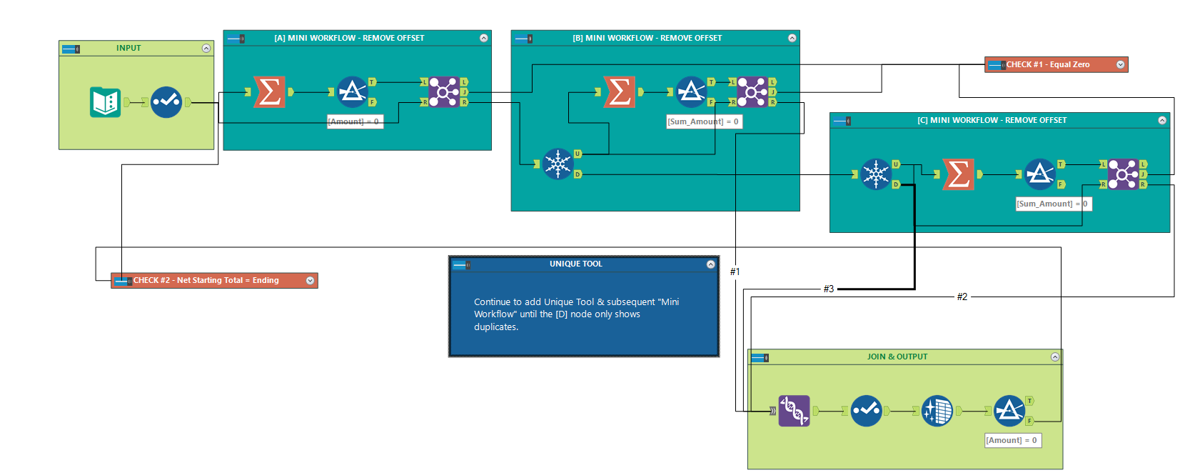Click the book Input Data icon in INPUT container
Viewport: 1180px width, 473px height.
[105, 102]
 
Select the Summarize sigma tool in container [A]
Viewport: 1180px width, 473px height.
[270, 92]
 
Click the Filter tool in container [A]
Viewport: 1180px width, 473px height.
[352, 92]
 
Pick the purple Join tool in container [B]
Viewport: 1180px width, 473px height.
[752, 92]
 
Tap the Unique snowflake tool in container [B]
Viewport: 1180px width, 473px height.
[558, 164]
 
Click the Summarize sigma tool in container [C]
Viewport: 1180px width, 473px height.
[958, 174]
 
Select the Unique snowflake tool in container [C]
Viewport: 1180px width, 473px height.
[876, 174]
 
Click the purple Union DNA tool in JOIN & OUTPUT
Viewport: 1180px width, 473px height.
[794, 411]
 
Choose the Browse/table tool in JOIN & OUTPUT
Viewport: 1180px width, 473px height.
[937, 411]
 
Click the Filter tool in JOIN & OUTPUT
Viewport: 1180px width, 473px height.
[1009, 411]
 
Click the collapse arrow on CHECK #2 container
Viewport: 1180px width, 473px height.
[311, 281]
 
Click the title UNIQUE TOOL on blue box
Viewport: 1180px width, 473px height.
[575, 264]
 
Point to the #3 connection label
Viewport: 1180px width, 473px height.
[828, 289]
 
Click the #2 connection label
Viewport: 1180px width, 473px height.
[962, 297]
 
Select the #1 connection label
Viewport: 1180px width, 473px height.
[735, 272]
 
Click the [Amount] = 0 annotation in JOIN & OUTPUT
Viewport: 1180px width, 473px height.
[1012, 440]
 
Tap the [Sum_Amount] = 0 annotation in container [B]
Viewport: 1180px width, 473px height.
[703, 122]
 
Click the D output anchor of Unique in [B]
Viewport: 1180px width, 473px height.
[578, 174]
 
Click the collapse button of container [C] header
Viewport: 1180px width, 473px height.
[1162, 120]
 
